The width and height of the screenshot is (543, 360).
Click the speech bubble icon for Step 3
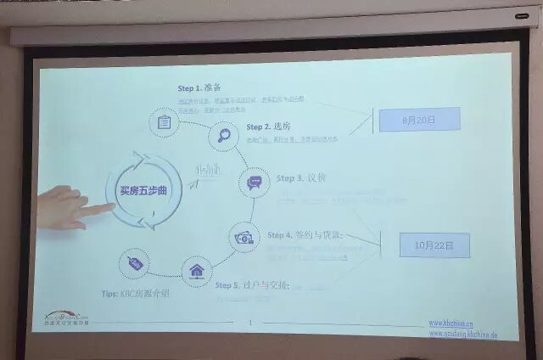[x=254, y=183]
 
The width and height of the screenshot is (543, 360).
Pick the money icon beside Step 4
[x=244, y=239]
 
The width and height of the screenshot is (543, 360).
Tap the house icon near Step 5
[x=197, y=272]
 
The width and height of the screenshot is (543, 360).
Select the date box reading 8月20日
[x=419, y=121]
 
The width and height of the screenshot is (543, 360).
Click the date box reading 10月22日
[x=434, y=245]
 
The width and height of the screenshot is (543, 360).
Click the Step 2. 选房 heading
[x=270, y=127]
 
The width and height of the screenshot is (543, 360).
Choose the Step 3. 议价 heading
[x=300, y=178]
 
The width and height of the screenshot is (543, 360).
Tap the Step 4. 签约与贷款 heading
[x=306, y=234]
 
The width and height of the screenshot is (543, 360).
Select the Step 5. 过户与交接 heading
[x=252, y=285]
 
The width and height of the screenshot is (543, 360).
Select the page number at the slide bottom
[x=250, y=322]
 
